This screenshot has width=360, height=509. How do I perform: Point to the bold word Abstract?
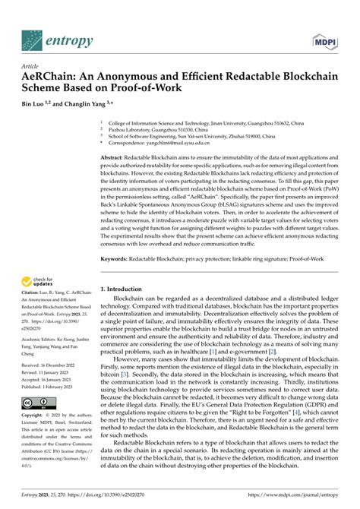pos(115,156)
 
